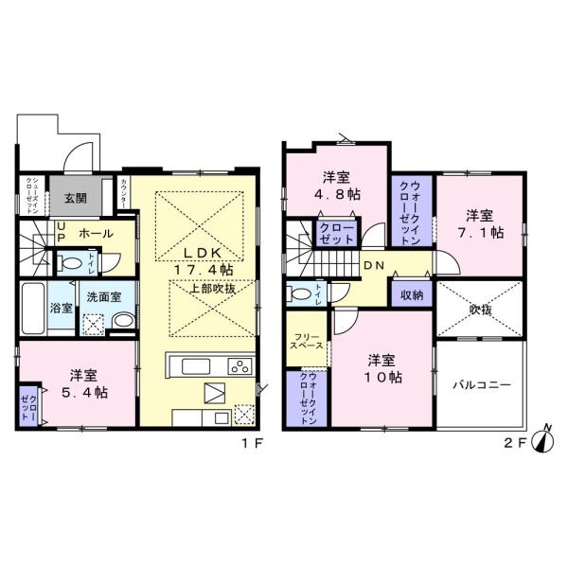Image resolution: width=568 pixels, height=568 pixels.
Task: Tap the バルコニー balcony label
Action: (481, 386)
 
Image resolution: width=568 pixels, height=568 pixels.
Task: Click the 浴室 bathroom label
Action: (61, 307)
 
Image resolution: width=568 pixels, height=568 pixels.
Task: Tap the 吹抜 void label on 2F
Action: (480, 309)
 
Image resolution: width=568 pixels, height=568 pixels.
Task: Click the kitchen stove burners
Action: (240, 365)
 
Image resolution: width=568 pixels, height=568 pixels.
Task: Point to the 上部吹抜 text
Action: (217, 289)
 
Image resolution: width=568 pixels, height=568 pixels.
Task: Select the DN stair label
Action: (373, 266)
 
